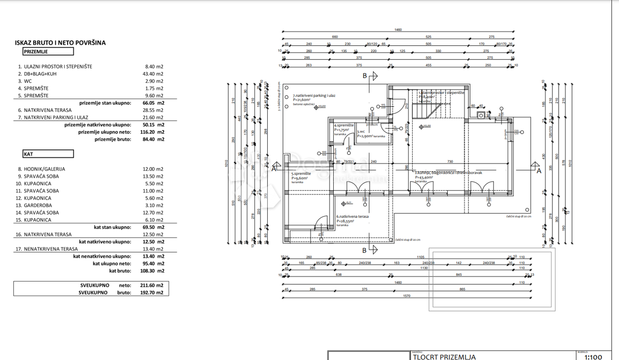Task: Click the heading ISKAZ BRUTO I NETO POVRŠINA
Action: pyautogui.click(x=60, y=43)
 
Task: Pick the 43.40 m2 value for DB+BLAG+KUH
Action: pyautogui.click(x=154, y=74)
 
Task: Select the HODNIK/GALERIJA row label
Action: pyautogui.click(x=44, y=169)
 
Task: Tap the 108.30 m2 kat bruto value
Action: pyautogui.click(x=154, y=270)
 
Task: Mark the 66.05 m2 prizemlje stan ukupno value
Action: pyautogui.click(x=154, y=103)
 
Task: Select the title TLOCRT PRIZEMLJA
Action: pyautogui.click(x=444, y=356)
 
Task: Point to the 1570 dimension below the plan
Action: pyautogui.click(x=407, y=296)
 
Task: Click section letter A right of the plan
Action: pyautogui.click(x=539, y=171)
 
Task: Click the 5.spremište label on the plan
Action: pyautogui.click(x=301, y=174)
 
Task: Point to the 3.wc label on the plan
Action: pyautogui.click(x=362, y=132)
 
